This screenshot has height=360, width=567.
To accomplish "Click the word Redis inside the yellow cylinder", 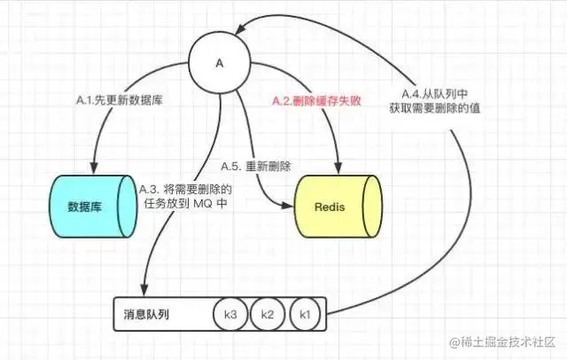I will (330, 207).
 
